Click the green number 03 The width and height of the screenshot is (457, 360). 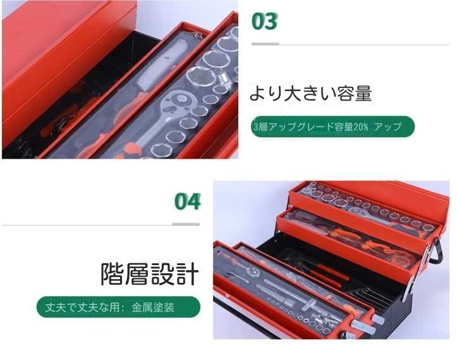[x=264, y=21]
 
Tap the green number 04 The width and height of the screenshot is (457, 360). [x=187, y=202]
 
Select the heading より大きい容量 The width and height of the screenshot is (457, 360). [x=310, y=94]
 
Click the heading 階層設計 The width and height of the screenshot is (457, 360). [x=150, y=275]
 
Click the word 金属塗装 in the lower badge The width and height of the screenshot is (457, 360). [x=153, y=308]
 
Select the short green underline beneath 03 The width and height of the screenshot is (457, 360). [x=265, y=44]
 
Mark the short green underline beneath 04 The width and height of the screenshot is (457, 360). [x=186, y=224]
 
